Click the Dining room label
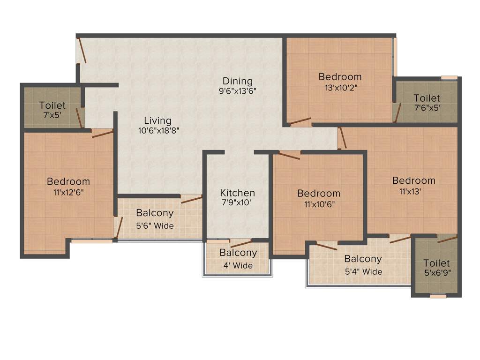(x=238, y=81)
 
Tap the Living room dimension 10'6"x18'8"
(x=157, y=131)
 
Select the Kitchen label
(x=238, y=193)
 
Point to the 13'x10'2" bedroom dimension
(x=340, y=87)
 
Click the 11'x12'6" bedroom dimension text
(x=68, y=192)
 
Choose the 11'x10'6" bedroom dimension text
(x=319, y=203)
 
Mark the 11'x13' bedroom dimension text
(x=414, y=191)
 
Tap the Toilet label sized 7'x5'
(x=52, y=105)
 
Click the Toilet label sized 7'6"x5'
(x=427, y=98)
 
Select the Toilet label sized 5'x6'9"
(x=437, y=263)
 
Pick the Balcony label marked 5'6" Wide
(x=155, y=213)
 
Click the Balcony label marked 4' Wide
(x=238, y=253)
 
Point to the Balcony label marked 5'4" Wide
(x=363, y=259)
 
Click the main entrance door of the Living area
(x=82, y=50)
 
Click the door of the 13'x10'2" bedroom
(x=300, y=122)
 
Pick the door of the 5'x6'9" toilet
(x=447, y=240)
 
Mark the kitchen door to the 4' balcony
(x=241, y=243)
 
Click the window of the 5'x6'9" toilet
(x=438, y=296)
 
